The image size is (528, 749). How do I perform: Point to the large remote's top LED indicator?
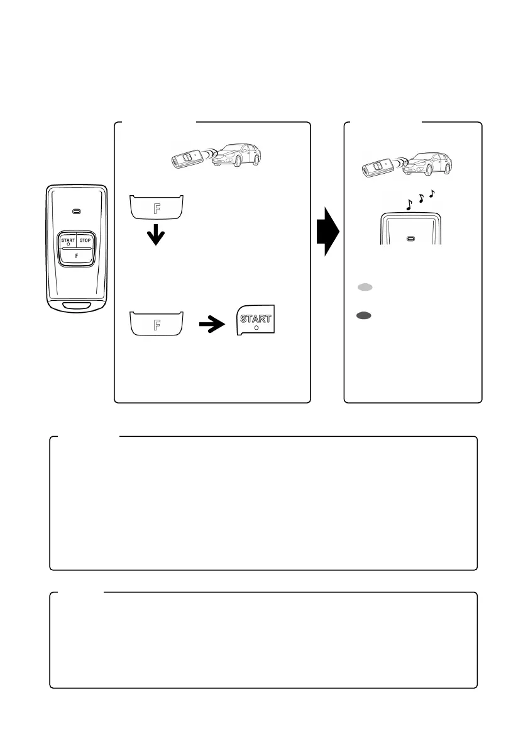click(x=76, y=210)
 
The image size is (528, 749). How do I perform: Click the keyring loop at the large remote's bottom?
click(x=76, y=307)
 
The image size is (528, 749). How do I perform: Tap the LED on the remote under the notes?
click(x=410, y=239)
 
